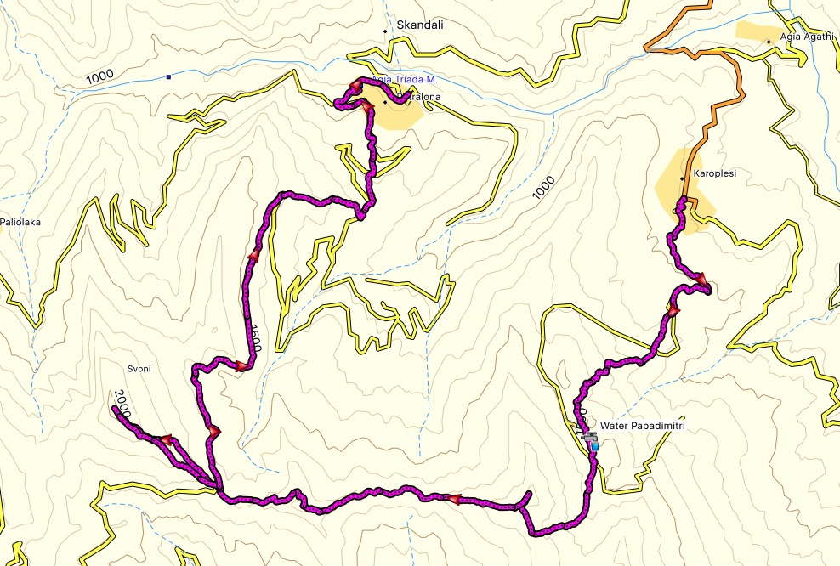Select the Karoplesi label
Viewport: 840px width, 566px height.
click(x=714, y=173)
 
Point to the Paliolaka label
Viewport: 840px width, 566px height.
click(x=20, y=223)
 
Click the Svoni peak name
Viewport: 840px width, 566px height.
click(x=138, y=369)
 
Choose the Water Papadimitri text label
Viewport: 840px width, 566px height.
click(x=642, y=426)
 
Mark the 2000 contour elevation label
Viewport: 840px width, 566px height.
click(x=122, y=402)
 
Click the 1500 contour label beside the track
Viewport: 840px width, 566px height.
click(x=254, y=337)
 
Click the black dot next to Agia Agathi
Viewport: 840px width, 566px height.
click(x=769, y=41)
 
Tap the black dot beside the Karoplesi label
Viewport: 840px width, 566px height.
click(x=682, y=179)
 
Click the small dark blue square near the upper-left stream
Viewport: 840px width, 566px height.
click(x=169, y=77)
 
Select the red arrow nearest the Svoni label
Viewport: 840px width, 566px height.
click(x=167, y=439)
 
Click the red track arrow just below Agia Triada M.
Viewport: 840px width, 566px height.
click(x=366, y=108)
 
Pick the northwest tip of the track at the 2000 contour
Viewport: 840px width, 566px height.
click(x=113, y=409)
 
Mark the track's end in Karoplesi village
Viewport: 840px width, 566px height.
click(x=684, y=201)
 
